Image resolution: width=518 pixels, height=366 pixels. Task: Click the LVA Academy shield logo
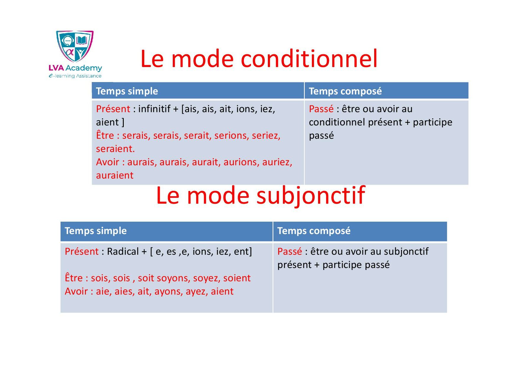click(75, 46)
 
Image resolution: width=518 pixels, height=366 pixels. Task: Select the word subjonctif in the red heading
click(310, 196)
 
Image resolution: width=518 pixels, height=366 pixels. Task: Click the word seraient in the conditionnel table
click(115, 149)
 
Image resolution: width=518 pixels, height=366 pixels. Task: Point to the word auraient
click(115, 175)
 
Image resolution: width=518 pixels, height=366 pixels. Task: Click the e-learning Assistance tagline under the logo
click(75, 76)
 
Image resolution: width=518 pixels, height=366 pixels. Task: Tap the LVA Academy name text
click(75, 68)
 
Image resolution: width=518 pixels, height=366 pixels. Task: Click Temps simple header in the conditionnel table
click(127, 91)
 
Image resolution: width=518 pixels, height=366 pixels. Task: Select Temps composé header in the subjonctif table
click(314, 231)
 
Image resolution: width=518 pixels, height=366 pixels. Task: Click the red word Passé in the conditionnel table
click(321, 109)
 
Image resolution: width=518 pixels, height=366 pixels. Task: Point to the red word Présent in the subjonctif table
click(82, 251)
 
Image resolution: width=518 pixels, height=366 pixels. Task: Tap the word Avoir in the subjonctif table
click(76, 292)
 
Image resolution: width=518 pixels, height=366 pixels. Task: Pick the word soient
click(237, 278)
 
